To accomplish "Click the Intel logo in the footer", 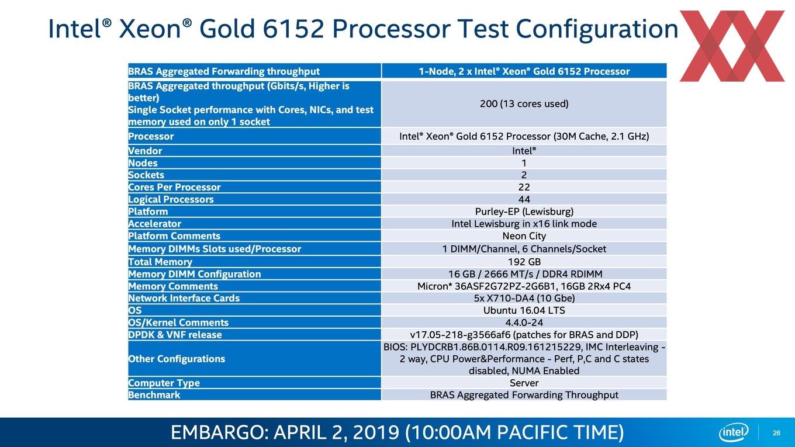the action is [x=734, y=432].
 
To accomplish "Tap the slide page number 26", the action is [x=776, y=433].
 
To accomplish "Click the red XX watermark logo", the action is [x=732, y=46].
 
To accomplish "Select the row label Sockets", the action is [x=146, y=175].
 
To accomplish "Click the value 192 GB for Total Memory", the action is [x=524, y=262].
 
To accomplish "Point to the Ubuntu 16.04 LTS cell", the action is [x=524, y=310].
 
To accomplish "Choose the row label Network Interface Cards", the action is [x=184, y=298].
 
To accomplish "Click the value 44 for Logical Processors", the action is [x=524, y=199].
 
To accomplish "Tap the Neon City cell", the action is [x=524, y=236].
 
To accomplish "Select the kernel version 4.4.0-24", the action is [x=524, y=323].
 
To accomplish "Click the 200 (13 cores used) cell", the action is [x=524, y=103].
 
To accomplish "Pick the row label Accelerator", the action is [x=154, y=224].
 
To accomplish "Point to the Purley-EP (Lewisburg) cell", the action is [x=524, y=212].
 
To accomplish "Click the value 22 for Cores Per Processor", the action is [x=524, y=187].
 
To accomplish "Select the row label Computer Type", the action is [x=164, y=383].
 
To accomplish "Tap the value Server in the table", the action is [x=524, y=383].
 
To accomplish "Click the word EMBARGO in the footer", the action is [x=217, y=432].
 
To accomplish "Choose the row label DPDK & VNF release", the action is [x=175, y=335].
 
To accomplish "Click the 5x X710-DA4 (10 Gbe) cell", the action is [x=524, y=298].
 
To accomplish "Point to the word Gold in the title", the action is [x=227, y=29].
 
